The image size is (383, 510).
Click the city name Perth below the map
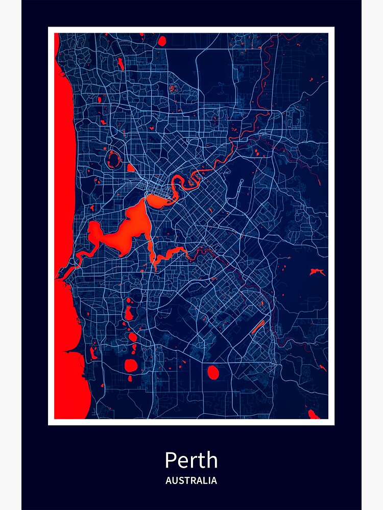pos(191,461)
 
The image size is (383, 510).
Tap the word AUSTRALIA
pos(191,480)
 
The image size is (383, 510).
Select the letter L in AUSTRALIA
pos(205,480)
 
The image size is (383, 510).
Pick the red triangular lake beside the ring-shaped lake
pos(130,168)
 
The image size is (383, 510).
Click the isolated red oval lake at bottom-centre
pos(213,373)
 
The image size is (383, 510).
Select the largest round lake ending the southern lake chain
pos(131,365)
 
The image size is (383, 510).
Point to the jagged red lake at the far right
pos(317,272)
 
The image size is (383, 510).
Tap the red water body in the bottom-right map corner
pos(313,415)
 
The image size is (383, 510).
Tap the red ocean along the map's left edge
pos(64,153)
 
